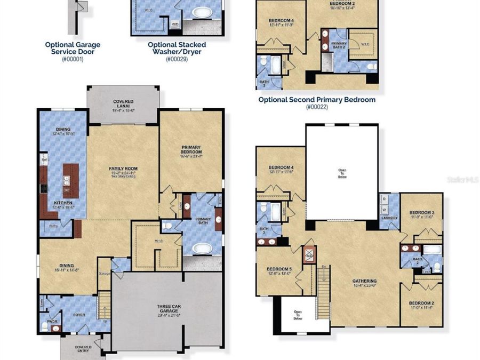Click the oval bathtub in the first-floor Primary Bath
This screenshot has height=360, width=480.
[x=202, y=249]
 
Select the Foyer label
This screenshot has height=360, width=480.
[x=79, y=315]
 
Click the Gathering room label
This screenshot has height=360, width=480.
[x=365, y=281]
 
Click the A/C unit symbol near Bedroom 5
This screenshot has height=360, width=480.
[x=309, y=254]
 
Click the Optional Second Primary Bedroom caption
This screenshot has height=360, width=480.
[x=317, y=100]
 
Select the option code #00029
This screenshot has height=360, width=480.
[x=177, y=59]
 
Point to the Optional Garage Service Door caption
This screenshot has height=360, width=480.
[x=73, y=49]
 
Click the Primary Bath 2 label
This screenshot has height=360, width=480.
[x=339, y=46]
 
